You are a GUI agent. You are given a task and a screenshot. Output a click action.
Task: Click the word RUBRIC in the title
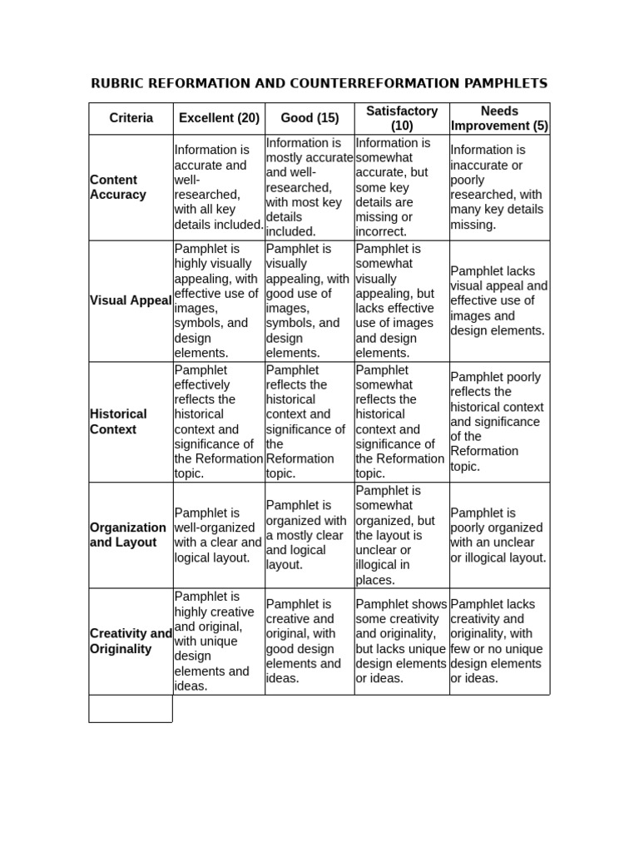pos(116,83)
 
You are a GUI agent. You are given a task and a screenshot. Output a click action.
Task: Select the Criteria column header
pos(131,118)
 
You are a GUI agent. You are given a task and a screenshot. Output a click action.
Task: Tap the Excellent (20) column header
pos(219,118)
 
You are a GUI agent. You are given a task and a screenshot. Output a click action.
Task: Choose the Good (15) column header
pos(310,118)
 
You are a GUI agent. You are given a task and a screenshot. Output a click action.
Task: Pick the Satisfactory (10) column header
pos(402,118)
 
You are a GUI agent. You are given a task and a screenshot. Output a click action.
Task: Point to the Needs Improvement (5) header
pos(499,118)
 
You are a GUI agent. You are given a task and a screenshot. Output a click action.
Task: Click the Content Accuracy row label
pos(118,187)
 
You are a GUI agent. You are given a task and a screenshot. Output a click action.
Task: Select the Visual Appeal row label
pos(131,301)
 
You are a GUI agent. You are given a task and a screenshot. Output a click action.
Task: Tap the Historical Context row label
pos(118,422)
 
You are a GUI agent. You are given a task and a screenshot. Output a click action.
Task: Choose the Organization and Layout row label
pos(128,535)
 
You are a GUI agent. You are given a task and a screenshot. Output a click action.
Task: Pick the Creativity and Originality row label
pos(131,641)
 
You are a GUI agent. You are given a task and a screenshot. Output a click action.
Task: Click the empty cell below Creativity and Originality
pos(131,708)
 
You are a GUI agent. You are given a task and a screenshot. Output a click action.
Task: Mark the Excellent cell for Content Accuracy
pos(219,187)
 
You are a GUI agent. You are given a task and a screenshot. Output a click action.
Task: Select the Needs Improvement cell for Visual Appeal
pos(499,301)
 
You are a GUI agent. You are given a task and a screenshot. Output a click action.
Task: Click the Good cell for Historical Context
pos(310,422)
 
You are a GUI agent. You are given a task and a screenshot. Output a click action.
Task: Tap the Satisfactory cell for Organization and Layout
pos(402,535)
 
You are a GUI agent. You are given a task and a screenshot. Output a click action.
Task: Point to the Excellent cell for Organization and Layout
pos(219,535)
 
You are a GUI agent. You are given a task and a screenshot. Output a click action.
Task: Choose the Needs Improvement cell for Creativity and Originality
pos(499,641)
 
